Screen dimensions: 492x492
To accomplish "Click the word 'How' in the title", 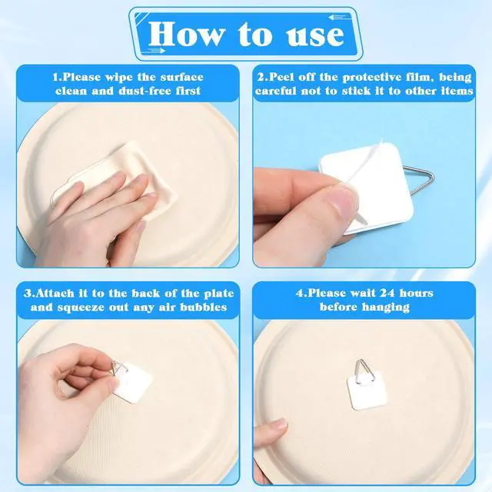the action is click(x=187, y=34).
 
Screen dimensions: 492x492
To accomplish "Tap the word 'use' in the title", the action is click(x=315, y=35).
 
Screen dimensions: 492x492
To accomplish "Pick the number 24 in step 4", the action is click(x=387, y=293).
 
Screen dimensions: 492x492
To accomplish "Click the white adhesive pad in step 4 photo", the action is click(x=367, y=391).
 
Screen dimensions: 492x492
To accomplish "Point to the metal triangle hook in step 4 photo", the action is click(x=364, y=371).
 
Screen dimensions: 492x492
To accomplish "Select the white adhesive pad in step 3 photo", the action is click(x=133, y=383).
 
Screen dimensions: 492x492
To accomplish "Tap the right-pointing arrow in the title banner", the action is click(x=156, y=51).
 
